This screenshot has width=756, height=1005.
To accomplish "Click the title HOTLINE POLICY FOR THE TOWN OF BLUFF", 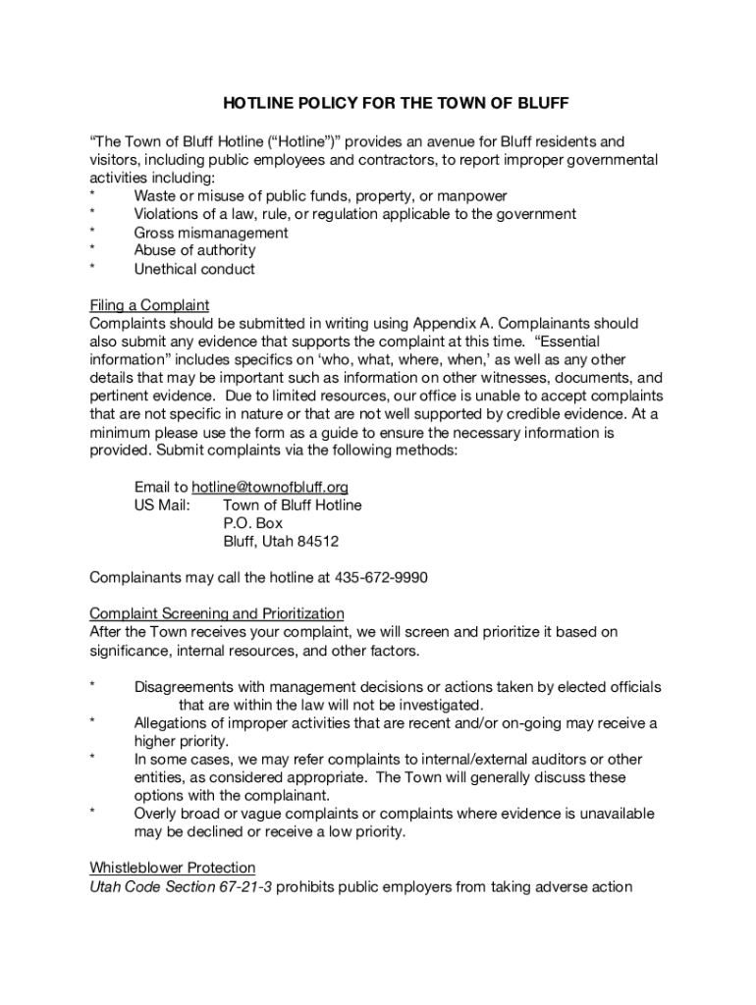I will (397, 102).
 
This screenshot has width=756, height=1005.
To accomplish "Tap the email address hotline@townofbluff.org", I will (270, 487).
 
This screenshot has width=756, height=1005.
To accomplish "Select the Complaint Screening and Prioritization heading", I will (217, 613).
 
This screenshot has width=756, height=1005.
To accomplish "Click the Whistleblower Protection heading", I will (173, 868).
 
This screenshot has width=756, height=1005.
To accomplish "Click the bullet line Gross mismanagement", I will (211, 233).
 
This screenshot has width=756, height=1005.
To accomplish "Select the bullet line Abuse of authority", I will (194, 250).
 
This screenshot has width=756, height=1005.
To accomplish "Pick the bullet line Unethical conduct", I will (194, 269).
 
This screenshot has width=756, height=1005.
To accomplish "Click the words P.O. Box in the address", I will (253, 523).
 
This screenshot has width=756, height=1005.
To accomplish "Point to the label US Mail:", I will (162, 505).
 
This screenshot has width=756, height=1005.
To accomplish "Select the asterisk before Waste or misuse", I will (92, 196).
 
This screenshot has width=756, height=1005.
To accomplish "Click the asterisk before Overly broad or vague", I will (92, 814).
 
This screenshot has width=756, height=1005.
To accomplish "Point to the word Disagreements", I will (186, 687).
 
